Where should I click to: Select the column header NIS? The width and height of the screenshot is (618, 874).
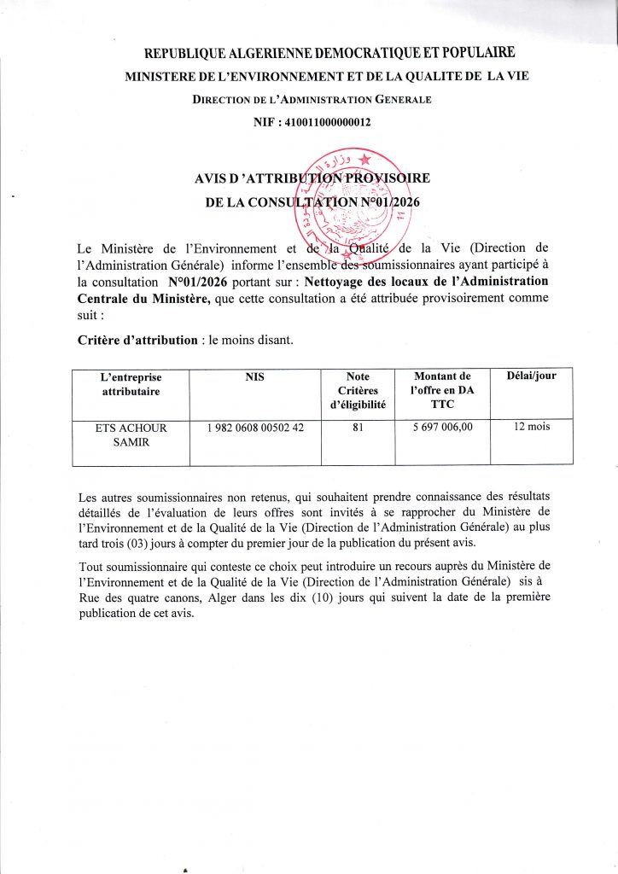tap(254, 376)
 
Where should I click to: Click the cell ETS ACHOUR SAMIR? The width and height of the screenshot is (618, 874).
tap(131, 434)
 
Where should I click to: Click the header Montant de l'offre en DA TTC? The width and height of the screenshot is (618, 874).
tap(441, 389)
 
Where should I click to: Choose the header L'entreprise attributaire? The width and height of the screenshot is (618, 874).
tap(131, 382)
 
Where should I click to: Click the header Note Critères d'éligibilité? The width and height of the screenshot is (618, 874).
tap(359, 389)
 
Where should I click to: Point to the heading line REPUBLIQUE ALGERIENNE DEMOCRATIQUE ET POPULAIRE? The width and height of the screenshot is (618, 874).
tap(329, 55)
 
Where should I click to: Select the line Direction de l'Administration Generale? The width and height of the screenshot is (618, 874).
tap(312, 100)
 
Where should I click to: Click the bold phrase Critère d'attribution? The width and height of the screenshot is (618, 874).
tap(137, 340)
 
